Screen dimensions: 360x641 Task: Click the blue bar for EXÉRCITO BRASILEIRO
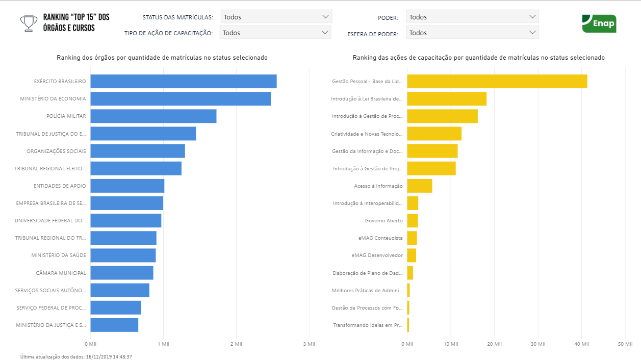point(184,81)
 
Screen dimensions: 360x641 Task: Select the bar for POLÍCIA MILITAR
point(153,116)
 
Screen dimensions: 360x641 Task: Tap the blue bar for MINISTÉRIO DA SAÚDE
point(123,255)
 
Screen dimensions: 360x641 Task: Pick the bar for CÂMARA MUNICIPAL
point(122,273)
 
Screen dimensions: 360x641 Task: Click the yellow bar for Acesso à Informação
point(419,186)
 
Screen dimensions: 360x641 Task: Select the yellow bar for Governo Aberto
point(412,220)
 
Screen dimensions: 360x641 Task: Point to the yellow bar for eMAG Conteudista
point(412,238)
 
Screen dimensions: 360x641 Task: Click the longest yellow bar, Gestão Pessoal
point(497,81)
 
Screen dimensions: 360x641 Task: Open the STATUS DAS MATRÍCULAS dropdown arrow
point(326,17)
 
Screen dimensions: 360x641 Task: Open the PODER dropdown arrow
point(532,17)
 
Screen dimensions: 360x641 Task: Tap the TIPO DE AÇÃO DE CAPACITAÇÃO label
point(168,33)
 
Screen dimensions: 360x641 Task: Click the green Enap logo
point(599,23)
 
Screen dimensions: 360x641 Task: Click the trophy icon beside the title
point(29,23)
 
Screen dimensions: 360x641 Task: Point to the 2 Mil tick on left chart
point(236,344)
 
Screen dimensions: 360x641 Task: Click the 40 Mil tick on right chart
point(581,344)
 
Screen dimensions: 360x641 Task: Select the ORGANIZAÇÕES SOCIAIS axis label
point(56,151)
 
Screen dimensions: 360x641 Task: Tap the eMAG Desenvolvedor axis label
point(377,255)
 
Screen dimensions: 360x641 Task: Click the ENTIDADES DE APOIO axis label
point(60,186)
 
